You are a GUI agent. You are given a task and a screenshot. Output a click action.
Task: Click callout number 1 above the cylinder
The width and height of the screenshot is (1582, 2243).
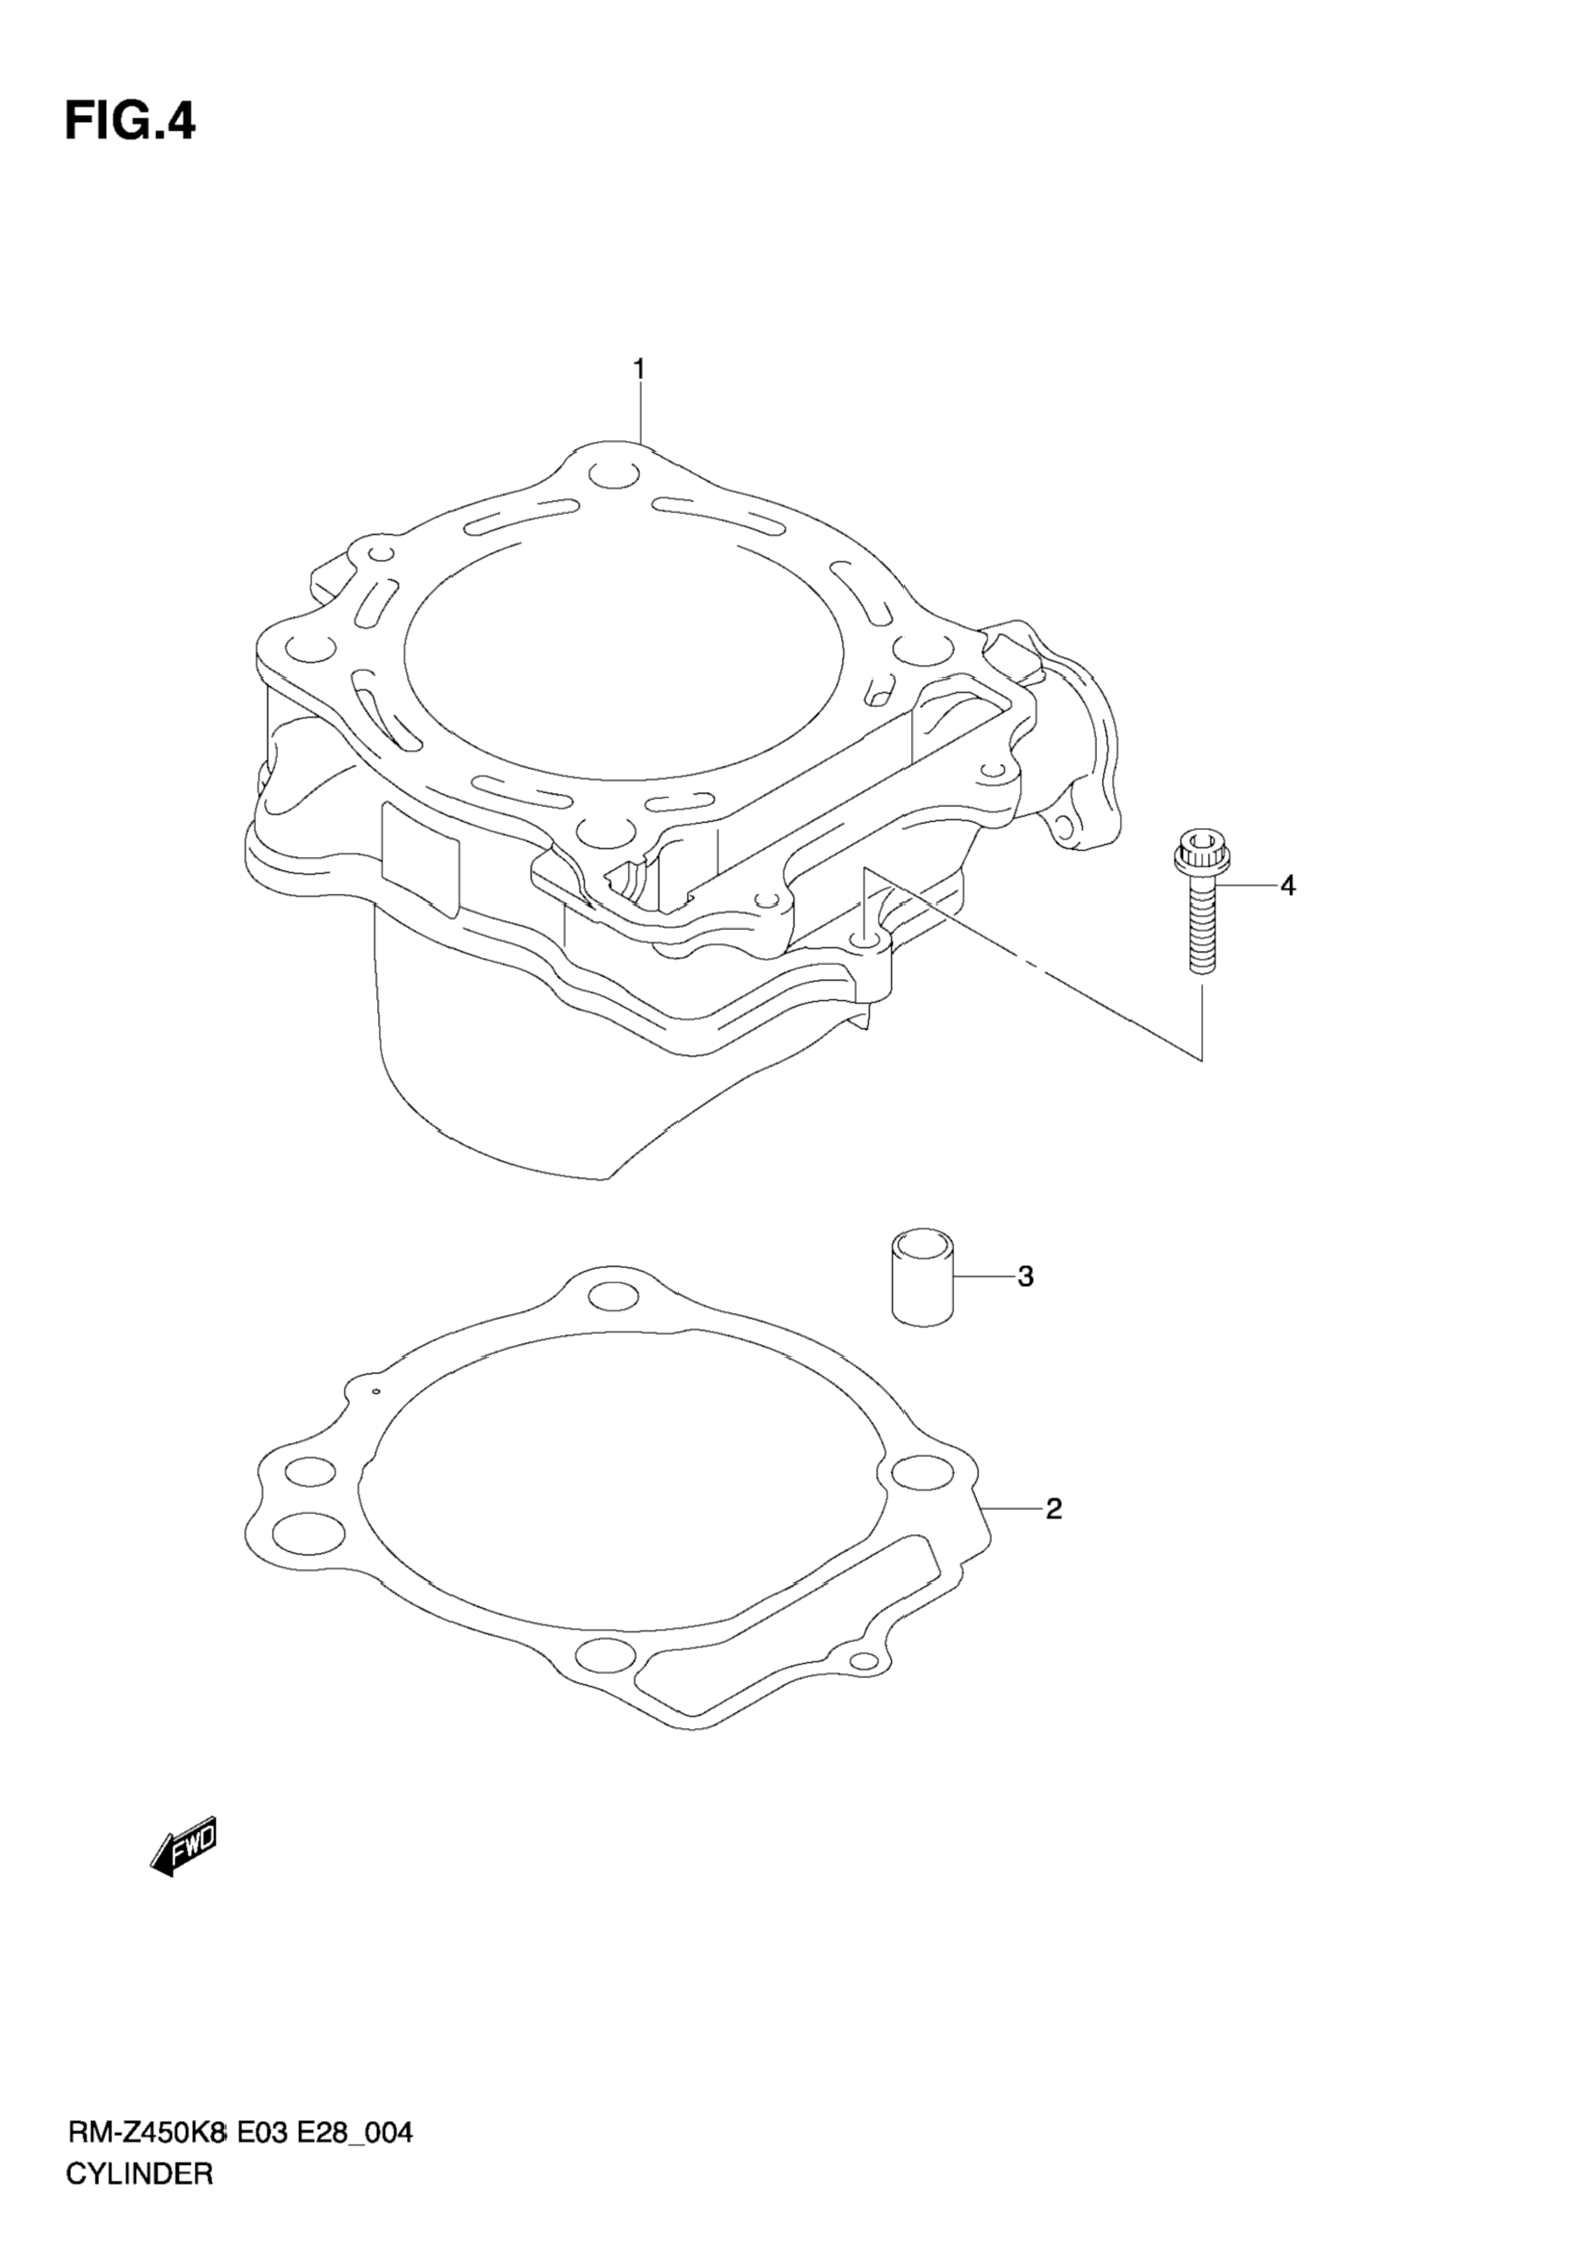click(638, 369)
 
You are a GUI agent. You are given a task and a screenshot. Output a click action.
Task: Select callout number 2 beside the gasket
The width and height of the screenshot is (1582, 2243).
click(1052, 1510)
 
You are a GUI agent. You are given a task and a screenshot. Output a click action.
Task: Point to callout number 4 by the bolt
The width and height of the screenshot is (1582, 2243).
click(1288, 886)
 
